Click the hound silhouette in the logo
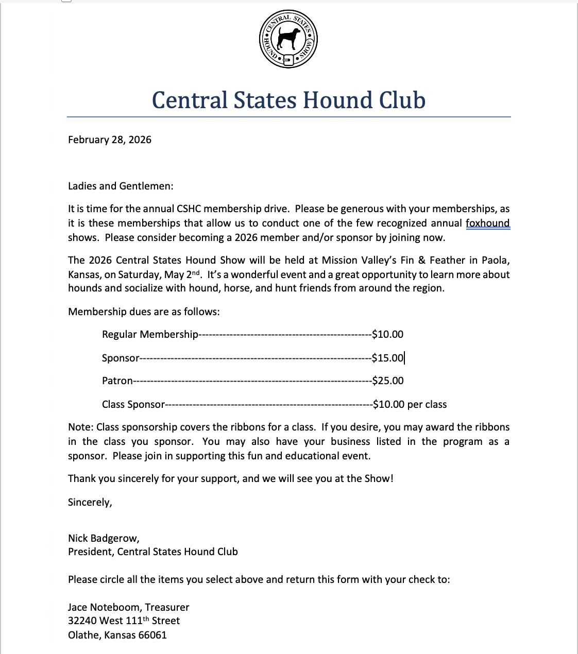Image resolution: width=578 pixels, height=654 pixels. (288, 38)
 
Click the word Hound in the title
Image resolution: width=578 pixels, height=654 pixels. (337, 100)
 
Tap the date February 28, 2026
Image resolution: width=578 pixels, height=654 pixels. (110, 140)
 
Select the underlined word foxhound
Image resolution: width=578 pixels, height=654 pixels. (487, 223)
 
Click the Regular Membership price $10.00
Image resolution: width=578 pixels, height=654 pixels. (387, 334)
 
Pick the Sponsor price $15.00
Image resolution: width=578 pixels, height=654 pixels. (387, 358)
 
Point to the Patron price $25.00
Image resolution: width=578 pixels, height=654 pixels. (387, 381)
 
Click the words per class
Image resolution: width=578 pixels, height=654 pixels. (427, 404)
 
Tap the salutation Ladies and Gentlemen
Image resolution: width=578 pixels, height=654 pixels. (121, 186)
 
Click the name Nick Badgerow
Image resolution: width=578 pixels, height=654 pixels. (103, 538)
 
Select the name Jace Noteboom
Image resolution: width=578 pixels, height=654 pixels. (105, 607)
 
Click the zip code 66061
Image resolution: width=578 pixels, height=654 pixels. (152, 635)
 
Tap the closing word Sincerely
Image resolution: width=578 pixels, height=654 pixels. (90, 502)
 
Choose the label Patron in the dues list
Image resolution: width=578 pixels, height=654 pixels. (117, 381)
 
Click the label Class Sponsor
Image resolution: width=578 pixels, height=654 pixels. (133, 404)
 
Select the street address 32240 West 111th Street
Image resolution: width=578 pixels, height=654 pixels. (124, 621)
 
